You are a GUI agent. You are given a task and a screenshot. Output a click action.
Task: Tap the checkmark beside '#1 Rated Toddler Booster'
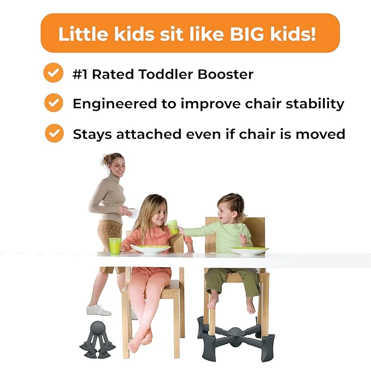click(x=54, y=73)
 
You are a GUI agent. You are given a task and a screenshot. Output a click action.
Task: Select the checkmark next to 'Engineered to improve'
click(x=54, y=103)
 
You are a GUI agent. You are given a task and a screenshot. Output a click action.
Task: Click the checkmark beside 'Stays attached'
click(x=54, y=133)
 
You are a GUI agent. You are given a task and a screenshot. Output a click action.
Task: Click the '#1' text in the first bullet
click(x=81, y=74)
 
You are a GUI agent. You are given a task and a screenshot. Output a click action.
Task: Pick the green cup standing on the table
click(x=115, y=245)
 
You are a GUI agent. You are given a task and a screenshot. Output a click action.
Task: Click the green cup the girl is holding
click(x=173, y=227)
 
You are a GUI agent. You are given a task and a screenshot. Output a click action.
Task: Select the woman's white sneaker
click(x=98, y=310)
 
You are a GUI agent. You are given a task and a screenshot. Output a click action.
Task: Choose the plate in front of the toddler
click(x=249, y=251)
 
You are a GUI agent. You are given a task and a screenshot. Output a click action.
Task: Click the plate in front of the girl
click(x=151, y=249)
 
